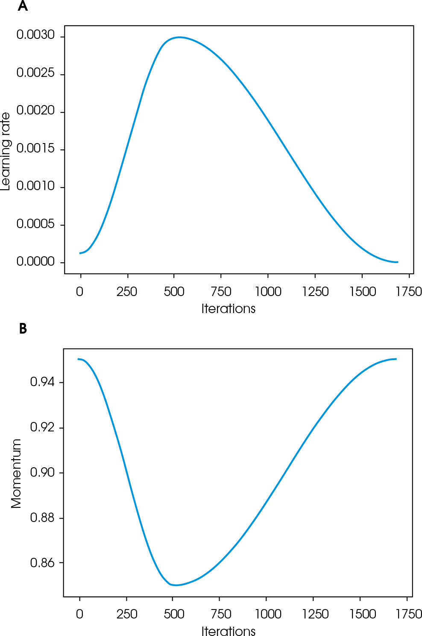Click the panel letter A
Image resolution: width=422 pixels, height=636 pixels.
coord(23,6)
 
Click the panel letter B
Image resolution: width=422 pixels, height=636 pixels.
coord(23,328)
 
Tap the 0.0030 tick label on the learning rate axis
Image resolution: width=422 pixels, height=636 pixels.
coord(36,35)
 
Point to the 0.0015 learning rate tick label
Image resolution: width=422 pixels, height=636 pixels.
coord(36,149)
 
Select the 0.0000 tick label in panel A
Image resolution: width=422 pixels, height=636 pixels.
coord(36,261)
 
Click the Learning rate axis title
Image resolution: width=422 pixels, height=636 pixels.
coord(6,151)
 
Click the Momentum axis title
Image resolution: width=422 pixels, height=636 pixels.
coord(16,473)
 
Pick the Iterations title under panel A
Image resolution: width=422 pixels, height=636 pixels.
coord(228,309)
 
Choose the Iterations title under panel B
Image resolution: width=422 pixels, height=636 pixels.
coord(228,631)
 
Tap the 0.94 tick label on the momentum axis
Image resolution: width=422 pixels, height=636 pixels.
coord(43,382)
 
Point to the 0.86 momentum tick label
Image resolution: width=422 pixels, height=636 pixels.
coord(43,563)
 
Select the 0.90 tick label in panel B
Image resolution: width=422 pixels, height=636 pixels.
coord(43,472)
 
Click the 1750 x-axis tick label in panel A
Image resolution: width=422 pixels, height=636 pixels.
coord(409,292)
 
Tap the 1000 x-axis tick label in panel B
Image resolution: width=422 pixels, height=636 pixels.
coord(268,614)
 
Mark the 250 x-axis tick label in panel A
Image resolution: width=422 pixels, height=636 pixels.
coord(127,292)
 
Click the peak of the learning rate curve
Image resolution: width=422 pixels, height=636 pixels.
coord(180,37)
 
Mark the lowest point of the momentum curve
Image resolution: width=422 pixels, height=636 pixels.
coord(176,585)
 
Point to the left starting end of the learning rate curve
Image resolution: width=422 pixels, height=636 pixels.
coord(80,253)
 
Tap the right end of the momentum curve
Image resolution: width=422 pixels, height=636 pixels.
coord(396,359)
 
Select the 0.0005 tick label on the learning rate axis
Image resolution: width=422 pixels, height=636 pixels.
coord(36,224)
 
